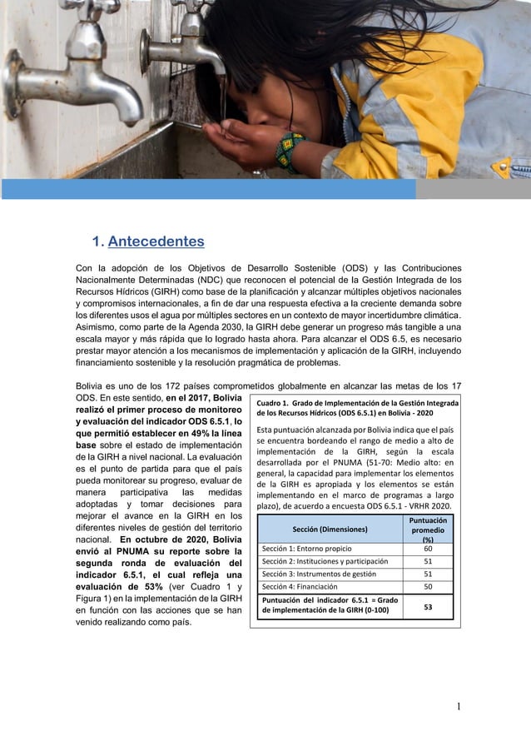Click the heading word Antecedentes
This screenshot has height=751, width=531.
tap(156, 242)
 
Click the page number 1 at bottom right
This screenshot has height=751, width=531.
tap(458, 708)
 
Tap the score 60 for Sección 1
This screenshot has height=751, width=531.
tap(427, 549)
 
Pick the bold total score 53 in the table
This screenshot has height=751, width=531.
tap(427, 607)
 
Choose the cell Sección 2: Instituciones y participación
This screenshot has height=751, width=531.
tap(325, 561)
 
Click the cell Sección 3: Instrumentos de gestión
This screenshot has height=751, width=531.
tap(320, 574)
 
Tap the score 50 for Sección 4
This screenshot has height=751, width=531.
tap(427, 587)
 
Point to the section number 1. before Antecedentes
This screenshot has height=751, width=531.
tap(97, 242)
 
